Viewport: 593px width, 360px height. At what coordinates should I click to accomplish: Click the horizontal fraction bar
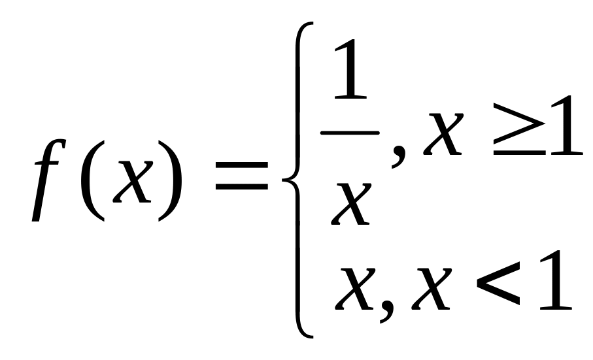[x=349, y=132]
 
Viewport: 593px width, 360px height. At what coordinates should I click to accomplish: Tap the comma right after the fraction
[x=396, y=157]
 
